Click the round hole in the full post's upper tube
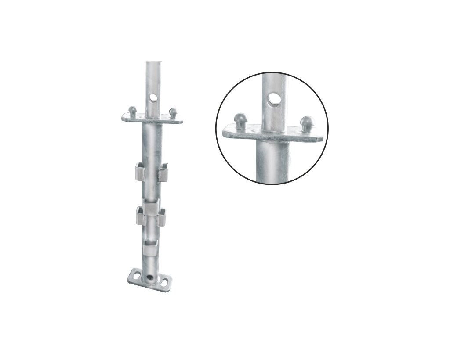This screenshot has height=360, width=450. tap(153, 96)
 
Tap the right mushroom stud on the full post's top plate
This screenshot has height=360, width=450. tap(173, 112)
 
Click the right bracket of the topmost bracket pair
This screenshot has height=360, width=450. tap(163, 172)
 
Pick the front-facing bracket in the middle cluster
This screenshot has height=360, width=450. tap(152, 207)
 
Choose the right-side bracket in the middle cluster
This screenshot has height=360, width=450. tap(161, 217)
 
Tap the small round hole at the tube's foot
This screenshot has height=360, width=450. tap(151, 278)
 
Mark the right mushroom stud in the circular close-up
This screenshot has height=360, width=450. tap(307, 122)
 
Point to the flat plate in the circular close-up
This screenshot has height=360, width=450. tap(246, 133)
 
